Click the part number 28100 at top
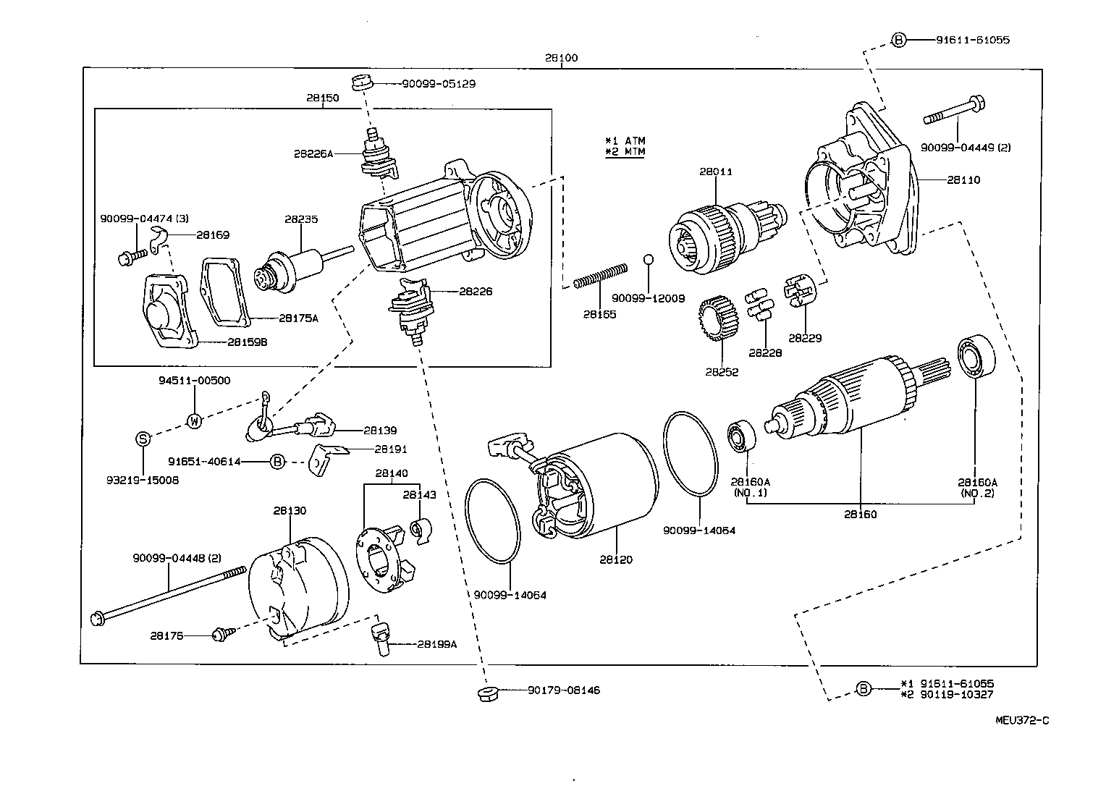click(x=562, y=58)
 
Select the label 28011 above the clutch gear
click(x=715, y=172)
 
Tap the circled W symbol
click(x=195, y=420)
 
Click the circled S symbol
click(x=143, y=438)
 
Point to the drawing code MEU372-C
click(x=1021, y=720)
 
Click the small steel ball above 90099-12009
click(x=649, y=260)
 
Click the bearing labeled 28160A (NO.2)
click(x=976, y=359)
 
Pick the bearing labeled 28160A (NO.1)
click(x=742, y=435)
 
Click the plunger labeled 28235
click(x=290, y=269)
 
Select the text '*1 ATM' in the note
click(x=625, y=140)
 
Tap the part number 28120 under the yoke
click(x=615, y=559)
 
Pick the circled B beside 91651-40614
click(x=277, y=461)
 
